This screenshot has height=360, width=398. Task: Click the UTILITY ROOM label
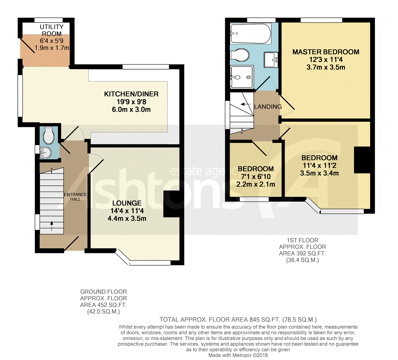[52, 30]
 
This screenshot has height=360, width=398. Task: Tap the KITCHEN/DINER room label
[131, 94]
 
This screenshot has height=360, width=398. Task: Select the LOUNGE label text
[127, 203]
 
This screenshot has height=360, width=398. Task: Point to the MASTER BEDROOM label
[326, 52]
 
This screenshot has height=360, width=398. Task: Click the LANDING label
[268, 107]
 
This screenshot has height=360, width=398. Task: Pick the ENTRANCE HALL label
[75, 197]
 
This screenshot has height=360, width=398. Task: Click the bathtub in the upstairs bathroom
[250, 33]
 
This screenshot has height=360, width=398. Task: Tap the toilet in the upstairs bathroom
[240, 55]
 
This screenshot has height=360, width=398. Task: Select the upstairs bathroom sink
[271, 60]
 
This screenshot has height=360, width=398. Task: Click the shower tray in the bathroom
[242, 77]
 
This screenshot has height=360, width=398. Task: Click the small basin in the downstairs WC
[46, 153]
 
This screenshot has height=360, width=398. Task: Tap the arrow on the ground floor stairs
[52, 226]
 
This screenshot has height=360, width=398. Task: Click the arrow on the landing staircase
[246, 104]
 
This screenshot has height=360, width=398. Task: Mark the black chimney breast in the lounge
[171, 204]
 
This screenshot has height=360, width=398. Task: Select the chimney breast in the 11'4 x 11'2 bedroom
[362, 160]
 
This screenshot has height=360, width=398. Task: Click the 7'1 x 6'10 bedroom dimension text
[256, 177]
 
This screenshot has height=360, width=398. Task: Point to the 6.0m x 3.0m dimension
[131, 110]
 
